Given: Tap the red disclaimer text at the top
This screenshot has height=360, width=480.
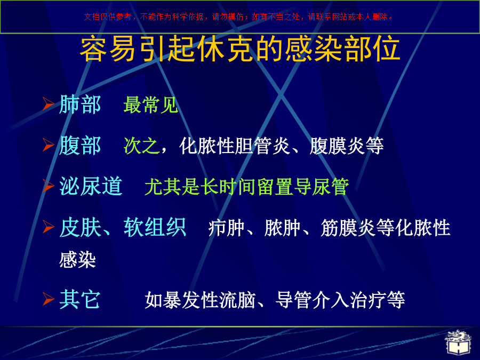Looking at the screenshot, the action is pyautogui.click(x=238, y=17).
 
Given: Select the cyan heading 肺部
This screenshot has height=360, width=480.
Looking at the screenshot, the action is pyautogui.click(x=80, y=105).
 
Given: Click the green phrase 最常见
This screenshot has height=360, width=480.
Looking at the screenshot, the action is pyautogui.click(x=150, y=105).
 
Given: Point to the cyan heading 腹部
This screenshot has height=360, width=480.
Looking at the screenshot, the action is pyautogui.click(x=80, y=146).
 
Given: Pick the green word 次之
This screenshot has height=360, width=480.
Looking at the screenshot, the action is pyautogui.click(x=141, y=146).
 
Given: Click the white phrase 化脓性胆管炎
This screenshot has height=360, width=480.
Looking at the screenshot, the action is pyautogui.click(x=235, y=146).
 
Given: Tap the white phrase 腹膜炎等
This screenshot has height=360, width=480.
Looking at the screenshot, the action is pyautogui.click(x=346, y=146).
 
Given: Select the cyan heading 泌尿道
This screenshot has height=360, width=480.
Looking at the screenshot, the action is pyautogui.click(x=91, y=186).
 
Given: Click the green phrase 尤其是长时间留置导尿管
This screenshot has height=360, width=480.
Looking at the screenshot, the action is pyautogui.click(x=247, y=187).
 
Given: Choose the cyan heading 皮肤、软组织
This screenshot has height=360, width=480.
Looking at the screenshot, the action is pyautogui.click(x=123, y=227).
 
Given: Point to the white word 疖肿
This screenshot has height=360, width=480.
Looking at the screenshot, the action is pyautogui.click(x=226, y=228).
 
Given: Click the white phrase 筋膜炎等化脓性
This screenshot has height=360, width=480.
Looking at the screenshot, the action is pyautogui.click(x=386, y=228).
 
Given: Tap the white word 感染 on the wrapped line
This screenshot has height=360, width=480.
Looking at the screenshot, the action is pyautogui.click(x=77, y=260).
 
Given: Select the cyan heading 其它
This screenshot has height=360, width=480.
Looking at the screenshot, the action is pyautogui.click(x=80, y=299).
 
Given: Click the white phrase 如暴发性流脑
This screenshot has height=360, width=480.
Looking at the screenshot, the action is pyautogui.click(x=200, y=300).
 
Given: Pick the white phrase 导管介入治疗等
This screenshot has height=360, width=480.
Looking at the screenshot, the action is pyautogui.click(x=340, y=300).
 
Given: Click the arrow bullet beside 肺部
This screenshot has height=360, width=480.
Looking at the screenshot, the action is pyautogui.click(x=48, y=104).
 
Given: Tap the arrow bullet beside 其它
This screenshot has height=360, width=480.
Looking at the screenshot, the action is pyautogui.click(x=48, y=299).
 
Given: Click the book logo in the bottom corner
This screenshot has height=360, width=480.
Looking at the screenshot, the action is pyautogui.click(x=458, y=343).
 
